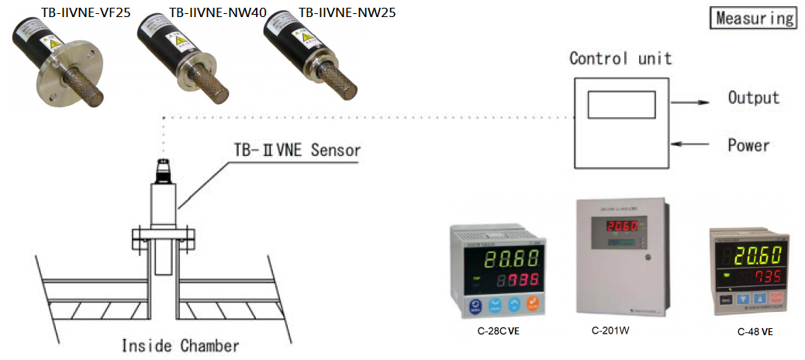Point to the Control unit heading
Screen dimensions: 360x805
[620, 58]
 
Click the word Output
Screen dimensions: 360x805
[753, 99]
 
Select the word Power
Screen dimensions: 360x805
[748, 145]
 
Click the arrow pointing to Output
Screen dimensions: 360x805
[690, 102]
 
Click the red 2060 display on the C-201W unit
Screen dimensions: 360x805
[621, 227]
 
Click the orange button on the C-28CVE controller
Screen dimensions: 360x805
[533, 305]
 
